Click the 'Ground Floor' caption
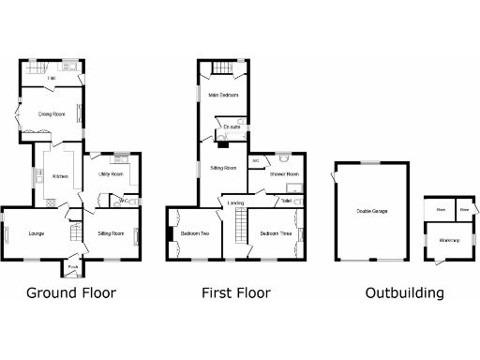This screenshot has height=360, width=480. tap(71, 293)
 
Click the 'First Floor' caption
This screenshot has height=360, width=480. tap(236, 293)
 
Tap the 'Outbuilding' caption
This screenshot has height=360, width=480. tap(404, 293)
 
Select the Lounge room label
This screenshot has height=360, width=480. tap(37, 232)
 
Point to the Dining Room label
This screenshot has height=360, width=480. tap(51, 114)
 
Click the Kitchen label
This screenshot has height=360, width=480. tap(60, 176)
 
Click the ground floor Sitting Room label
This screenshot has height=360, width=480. tap(111, 232)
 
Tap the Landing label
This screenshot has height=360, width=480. tap(236, 202)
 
